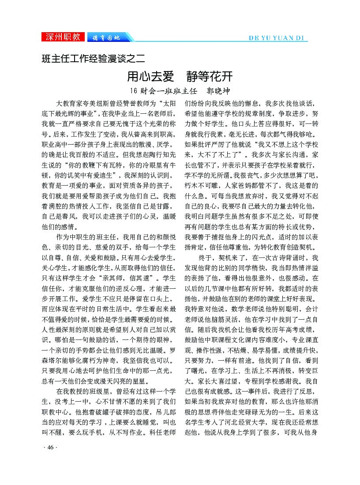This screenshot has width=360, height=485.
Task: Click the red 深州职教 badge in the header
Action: coord(64,37)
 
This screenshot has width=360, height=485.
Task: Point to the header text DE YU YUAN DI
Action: coord(276,38)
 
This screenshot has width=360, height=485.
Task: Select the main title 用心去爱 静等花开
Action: coord(180,76)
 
